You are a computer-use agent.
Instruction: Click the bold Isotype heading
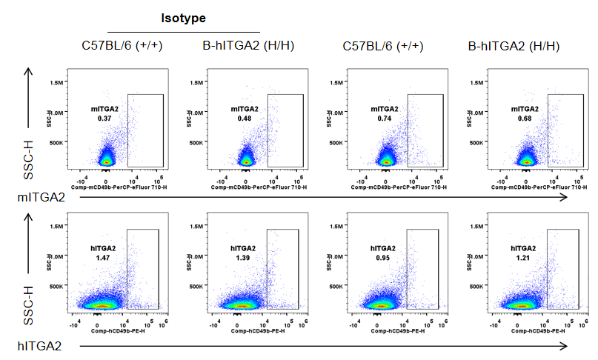tap(183, 16)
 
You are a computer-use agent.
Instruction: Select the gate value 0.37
tap(104, 119)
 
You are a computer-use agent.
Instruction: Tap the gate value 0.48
tap(244, 119)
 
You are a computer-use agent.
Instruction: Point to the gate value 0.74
tap(384, 119)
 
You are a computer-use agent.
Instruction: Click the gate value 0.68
tap(524, 119)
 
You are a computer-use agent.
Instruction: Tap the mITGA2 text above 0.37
tap(104, 109)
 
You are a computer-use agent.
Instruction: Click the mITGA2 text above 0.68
tap(524, 109)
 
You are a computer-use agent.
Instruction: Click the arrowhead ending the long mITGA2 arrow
tap(565, 198)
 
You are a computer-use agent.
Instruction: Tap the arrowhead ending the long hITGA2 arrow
tap(565, 346)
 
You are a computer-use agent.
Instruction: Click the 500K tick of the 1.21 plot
tap(478, 285)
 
